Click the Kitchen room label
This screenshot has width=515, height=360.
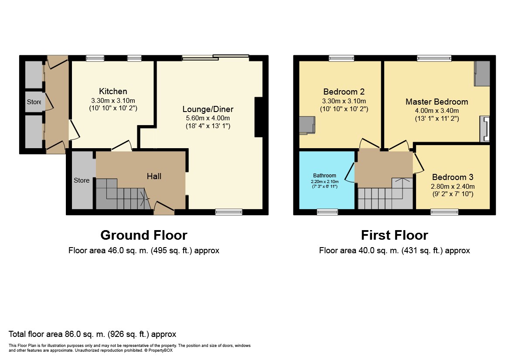[x=113, y=91]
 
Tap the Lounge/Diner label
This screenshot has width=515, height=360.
[x=208, y=109]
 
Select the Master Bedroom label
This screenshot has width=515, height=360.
[x=437, y=102]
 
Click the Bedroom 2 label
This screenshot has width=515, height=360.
[x=344, y=92]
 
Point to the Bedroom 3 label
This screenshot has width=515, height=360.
[x=453, y=177]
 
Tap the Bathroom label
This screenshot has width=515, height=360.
[x=324, y=176]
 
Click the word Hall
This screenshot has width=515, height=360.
[x=154, y=176]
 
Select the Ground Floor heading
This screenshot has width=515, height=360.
[x=144, y=235]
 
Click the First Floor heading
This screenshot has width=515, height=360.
[x=395, y=235]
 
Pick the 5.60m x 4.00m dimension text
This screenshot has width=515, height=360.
[x=208, y=118]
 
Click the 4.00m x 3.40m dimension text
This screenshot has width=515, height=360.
[x=437, y=111]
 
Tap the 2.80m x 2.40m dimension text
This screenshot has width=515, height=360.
[x=453, y=187]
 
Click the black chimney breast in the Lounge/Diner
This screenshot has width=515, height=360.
[x=259, y=117]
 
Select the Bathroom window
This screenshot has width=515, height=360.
[x=327, y=212]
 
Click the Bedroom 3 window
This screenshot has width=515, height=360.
[x=444, y=212]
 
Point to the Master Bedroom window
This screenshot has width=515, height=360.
[x=434, y=58]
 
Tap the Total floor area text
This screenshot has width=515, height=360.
[x=92, y=334]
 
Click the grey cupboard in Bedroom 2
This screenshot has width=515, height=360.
[x=307, y=125]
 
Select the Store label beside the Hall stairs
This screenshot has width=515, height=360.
[x=82, y=180]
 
